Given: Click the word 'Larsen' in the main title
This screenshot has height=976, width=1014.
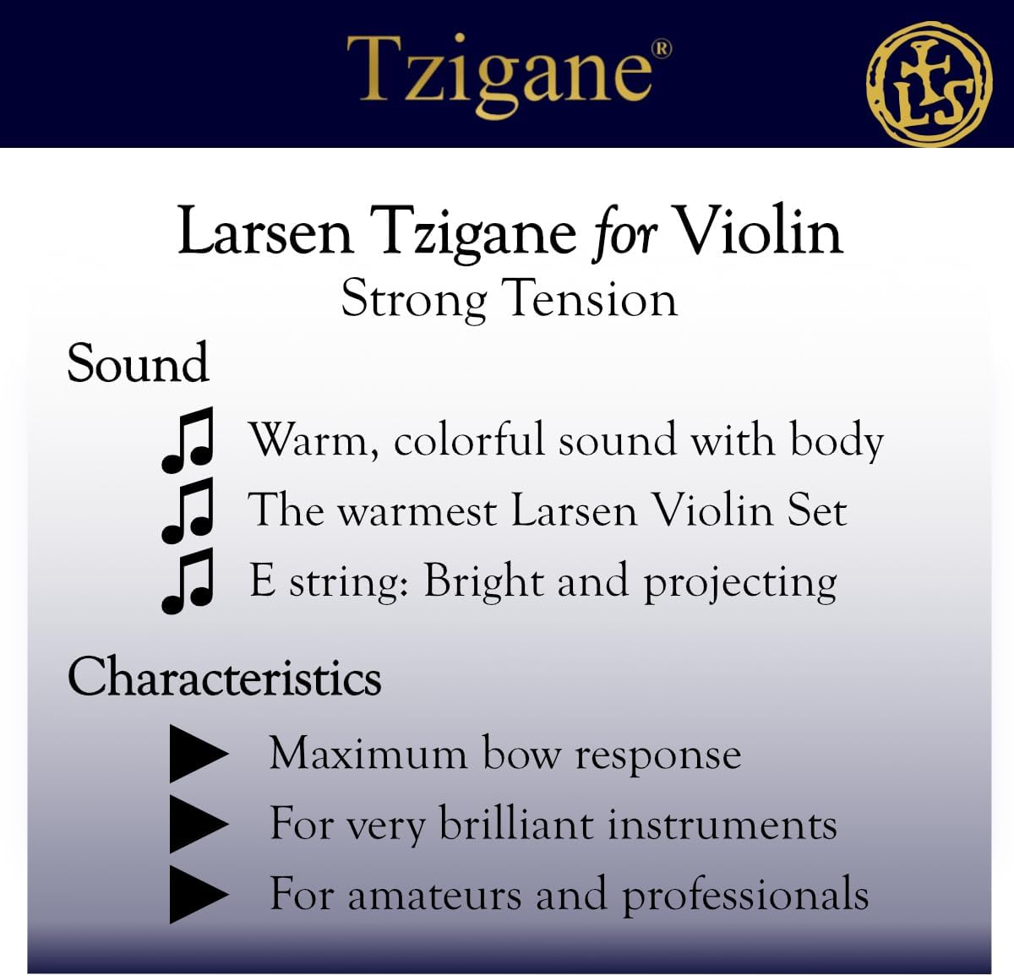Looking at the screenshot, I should click(264, 232).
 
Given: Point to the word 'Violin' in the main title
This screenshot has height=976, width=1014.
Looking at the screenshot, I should click(760, 232).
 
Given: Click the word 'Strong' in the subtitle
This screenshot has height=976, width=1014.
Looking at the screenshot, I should click(414, 298).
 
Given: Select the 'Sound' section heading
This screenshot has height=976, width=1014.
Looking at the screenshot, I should click(138, 363).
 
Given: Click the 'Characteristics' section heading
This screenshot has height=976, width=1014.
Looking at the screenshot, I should click(224, 678).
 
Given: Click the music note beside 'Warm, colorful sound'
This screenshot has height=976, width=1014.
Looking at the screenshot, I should click(187, 440).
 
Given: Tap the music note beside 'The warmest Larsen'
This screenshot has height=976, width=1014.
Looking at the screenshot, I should click(187, 510).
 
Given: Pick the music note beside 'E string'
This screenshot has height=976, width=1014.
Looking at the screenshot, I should click(187, 581).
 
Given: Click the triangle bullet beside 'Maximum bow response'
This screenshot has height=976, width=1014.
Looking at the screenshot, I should click(197, 753).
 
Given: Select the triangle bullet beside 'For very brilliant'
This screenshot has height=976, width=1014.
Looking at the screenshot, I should click(197, 823).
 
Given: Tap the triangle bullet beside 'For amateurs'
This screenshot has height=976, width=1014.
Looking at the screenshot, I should click(197, 894).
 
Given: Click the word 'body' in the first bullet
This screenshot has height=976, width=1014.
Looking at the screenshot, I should click(836, 440).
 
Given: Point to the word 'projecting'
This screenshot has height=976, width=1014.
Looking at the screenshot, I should click(740, 583).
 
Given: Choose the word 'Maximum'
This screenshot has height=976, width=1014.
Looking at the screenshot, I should click(368, 753).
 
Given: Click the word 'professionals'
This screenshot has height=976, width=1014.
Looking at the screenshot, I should click(745, 896).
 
